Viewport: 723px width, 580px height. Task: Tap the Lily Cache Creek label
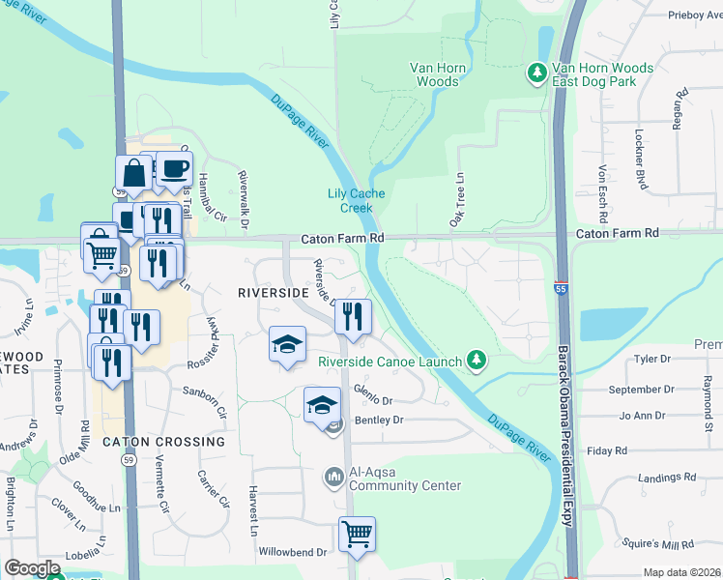point(356,200)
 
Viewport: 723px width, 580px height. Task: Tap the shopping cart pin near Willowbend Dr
point(357,533)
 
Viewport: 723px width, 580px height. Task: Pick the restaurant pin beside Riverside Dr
point(354,316)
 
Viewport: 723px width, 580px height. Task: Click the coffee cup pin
point(174,169)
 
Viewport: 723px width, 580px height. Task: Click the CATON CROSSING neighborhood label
point(163,442)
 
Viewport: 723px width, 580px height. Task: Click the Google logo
point(32,568)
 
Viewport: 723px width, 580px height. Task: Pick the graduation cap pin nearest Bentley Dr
point(322,404)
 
